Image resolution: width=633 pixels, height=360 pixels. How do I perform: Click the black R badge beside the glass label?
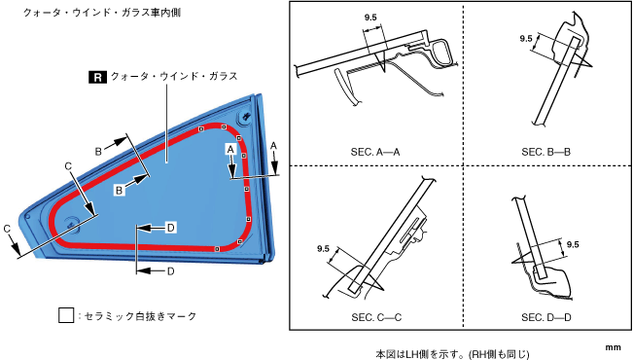[x=97, y=77]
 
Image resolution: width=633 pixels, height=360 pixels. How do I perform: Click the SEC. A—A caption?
[x=375, y=153]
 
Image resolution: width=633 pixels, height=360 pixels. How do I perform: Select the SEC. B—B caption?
[x=545, y=153]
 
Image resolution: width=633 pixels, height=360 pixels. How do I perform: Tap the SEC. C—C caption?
[x=376, y=317]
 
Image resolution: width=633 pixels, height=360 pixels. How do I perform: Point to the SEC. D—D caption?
[x=546, y=317]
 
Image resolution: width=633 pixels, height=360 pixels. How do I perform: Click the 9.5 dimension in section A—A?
[x=370, y=18]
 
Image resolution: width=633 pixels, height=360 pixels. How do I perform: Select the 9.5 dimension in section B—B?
[x=526, y=39]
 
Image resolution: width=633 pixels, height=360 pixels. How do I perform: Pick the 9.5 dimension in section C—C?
[x=324, y=249]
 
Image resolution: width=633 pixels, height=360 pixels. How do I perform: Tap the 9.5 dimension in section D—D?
[x=573, y=244]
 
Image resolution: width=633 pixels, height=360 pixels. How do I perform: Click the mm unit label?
[x=613, y=347]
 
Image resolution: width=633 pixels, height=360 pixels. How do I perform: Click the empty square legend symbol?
[x=66, y=315]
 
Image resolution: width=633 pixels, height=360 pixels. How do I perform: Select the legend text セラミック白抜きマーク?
[x=140, y=316]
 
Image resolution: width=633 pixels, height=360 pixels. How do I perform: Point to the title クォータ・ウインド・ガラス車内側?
[x=102, y=13]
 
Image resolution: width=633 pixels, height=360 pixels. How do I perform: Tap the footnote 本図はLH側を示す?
[x=419, y=354]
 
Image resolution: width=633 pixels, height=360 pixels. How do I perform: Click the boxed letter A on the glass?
[x=230, y=150]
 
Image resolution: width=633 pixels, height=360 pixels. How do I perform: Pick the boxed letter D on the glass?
[x=171, y=228]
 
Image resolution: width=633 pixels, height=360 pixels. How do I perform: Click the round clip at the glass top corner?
[x=246, y=117]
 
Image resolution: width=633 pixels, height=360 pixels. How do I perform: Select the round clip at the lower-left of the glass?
[x=72, y=223]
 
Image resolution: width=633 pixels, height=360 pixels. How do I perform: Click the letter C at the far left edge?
[x=7, y=229]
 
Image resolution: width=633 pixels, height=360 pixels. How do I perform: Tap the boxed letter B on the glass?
[x=119, y=190]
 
